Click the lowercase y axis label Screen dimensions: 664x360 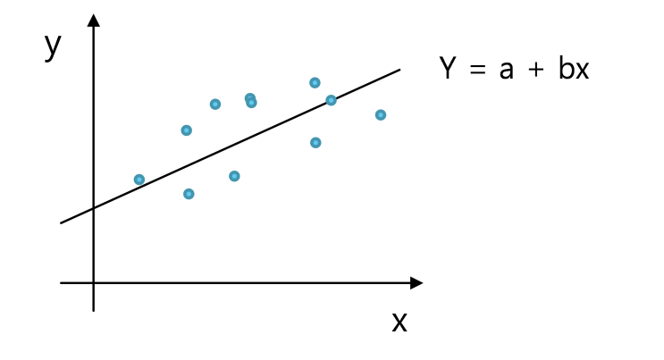click(x=53, y=47)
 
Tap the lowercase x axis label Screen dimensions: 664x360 click(x=399, y=322)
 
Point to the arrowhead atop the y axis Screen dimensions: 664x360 click(x=94, y=21)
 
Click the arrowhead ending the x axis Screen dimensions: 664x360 click(x=416, y=283)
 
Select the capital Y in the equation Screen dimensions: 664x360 click(x=447, y=68)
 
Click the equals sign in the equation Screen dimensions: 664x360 click(x=478, y=69)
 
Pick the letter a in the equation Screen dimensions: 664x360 click(x=507, y=71)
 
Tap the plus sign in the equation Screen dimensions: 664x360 click(x=536, y=69)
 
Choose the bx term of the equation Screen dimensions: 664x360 click(x=574, y=68)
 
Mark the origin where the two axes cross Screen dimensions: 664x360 click(x=94, y=282)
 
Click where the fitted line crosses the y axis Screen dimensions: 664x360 click(x=94, y=208)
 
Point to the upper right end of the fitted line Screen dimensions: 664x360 click(x=399, y=70)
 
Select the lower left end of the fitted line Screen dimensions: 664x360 click(x=61, y=222)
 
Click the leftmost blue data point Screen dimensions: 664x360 click(x=139, y=180)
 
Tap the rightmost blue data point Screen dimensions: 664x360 click(x=381, y=114)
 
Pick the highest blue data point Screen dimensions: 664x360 click(x=315, y=82)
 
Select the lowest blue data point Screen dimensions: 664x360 click(x=189, y=194)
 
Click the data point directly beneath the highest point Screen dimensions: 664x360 click(x=315, y=143)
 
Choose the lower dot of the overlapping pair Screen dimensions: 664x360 click(x=251, y=103)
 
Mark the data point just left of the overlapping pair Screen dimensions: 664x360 click(x=215, y=105)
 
